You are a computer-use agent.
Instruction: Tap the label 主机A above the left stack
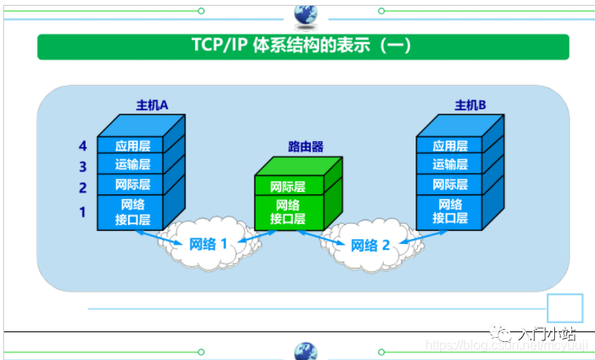coord(151,105)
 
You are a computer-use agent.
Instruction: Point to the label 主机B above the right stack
coord(470,105)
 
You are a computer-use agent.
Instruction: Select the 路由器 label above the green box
coord(305,147)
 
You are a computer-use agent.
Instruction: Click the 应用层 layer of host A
coord(132,146)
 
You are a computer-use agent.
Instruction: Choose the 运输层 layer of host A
coord(132,166)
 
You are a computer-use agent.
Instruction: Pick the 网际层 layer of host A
coord(132,185)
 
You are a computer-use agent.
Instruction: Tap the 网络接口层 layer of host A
coord(132,211)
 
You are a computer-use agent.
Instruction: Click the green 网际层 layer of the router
coord(287,188)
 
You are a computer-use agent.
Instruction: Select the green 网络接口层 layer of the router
coord(287,212)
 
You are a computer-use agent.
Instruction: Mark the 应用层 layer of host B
coord(450,146)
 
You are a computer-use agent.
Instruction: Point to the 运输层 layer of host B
coord(450,166)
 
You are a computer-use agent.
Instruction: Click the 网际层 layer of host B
coord(450,185)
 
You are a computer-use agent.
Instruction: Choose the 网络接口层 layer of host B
coord(450,211)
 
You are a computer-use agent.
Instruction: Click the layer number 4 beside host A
coord(82,146)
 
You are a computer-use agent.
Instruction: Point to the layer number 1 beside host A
coord(82,212)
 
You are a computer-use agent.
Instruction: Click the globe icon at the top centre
coord(305,13)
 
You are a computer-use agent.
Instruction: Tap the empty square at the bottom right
coord(565,309)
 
